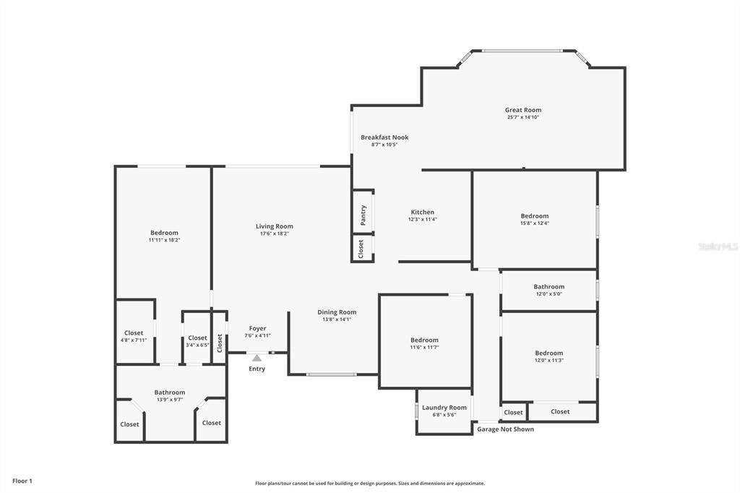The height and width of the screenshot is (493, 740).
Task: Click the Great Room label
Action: coord(522,110)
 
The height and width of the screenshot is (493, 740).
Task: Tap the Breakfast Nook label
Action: coord(384,137)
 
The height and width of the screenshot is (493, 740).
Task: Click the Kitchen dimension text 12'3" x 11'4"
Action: coord(422,220)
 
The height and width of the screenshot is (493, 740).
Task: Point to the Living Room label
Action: coord(274,226)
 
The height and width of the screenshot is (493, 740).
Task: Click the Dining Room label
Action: coord(337,312)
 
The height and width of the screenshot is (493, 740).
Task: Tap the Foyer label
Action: coord(257,328)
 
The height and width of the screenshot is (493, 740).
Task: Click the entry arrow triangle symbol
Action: coord(257,357)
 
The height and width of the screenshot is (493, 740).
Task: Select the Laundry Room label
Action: coord(444,408)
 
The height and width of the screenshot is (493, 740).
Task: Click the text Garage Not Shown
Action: coord(505,429)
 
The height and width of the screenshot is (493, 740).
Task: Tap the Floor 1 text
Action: coord(22,481)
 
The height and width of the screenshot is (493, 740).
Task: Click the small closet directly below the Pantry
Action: coord(361,248)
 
